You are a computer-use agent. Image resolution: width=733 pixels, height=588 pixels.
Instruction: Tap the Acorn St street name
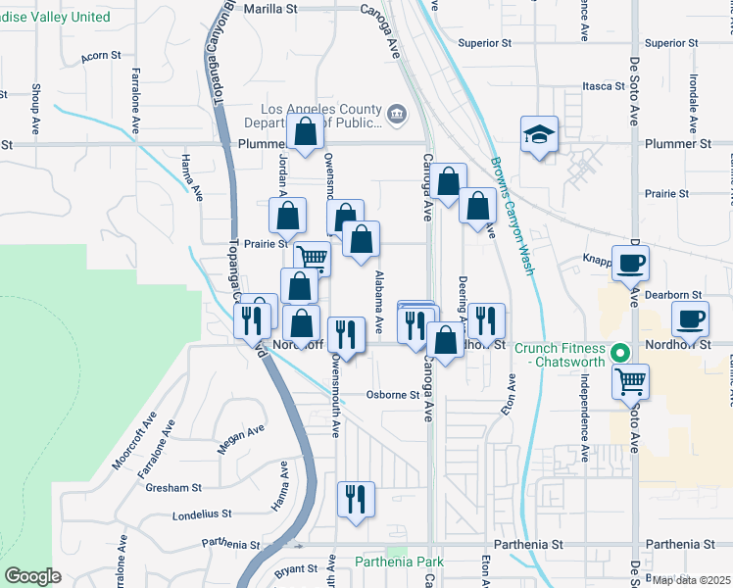[101, 57]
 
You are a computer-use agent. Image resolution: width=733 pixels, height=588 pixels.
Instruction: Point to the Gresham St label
[174, 487]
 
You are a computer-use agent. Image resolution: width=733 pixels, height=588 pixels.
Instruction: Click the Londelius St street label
[201, 513]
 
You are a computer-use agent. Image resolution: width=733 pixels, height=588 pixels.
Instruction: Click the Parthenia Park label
[399, 562]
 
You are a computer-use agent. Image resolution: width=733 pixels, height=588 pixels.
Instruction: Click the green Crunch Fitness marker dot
[619, 353]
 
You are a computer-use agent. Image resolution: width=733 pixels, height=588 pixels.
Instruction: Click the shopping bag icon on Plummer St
[306, 131]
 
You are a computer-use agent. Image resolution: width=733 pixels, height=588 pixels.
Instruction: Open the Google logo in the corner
[32, 576]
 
